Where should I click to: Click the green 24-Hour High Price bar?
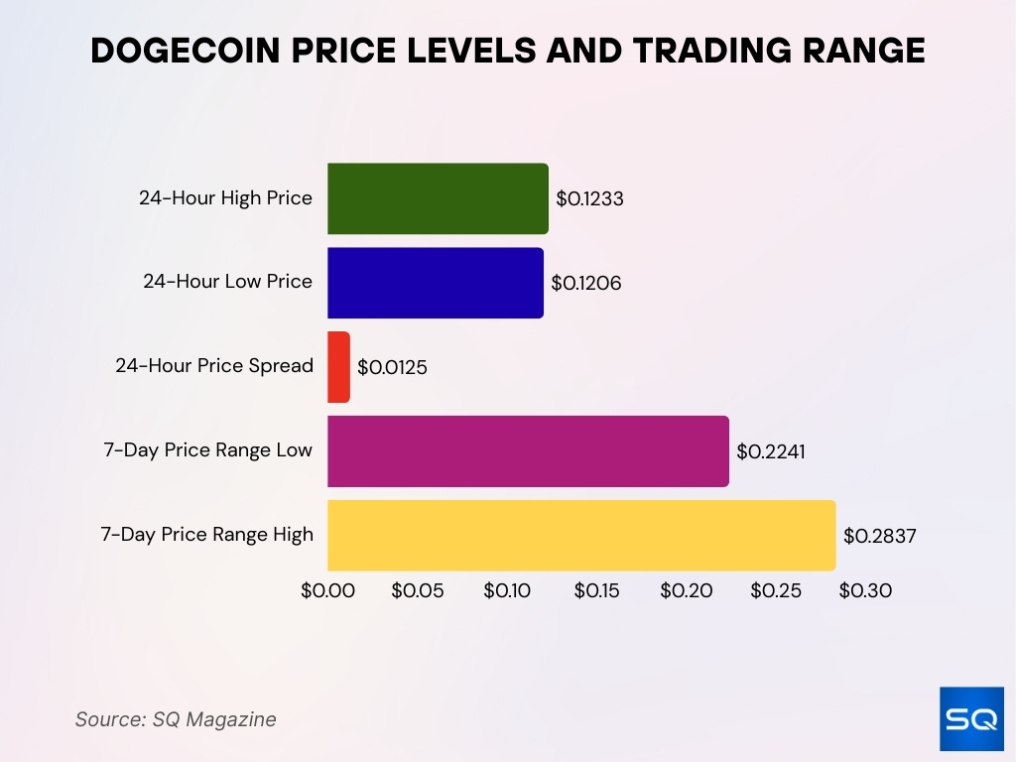438,198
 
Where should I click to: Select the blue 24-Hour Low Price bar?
436,283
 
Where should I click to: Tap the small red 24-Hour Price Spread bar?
338,367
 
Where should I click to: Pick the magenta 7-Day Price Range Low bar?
528,451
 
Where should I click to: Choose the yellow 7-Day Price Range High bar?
581,536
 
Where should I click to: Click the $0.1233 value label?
589,199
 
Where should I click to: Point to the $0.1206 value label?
586,284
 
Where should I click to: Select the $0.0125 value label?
392,368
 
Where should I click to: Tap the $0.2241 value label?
771,452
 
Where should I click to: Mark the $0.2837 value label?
879,537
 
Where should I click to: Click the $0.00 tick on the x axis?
327,591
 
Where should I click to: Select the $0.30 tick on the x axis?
865,591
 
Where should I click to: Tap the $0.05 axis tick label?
418,591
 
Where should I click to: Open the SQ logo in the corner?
971,718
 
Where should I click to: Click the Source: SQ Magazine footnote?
176,719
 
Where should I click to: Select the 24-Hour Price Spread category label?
214,366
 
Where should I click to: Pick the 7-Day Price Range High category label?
206,535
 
